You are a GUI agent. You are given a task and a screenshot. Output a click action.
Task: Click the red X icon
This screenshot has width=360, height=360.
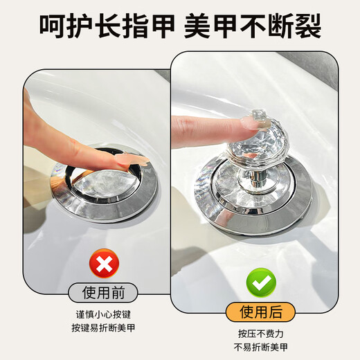coord(103,262)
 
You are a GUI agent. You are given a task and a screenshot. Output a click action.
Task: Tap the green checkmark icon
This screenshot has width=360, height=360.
coord(262,280)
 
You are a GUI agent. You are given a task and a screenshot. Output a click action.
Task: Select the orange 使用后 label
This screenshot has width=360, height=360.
coord(261,309)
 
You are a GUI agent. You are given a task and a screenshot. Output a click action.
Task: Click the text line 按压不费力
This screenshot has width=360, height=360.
coord(261,331)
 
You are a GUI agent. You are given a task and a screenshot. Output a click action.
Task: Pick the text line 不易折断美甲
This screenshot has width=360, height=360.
coord(261,345)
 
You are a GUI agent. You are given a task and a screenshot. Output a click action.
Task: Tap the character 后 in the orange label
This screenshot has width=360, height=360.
coord(279,309)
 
